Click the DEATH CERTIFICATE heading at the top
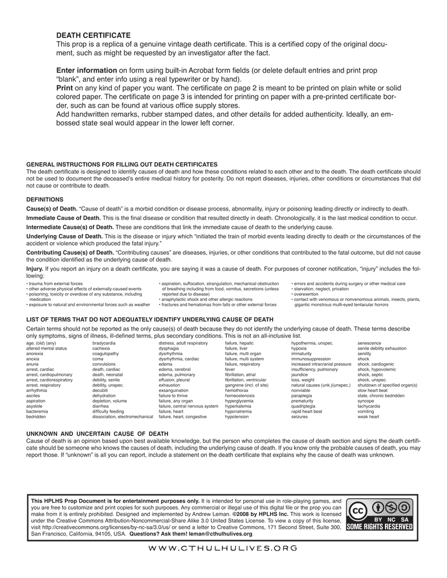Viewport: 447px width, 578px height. [94, 35]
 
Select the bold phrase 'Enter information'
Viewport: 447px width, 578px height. [87, 70]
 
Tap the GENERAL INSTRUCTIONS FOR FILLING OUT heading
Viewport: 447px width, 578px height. [122, 164]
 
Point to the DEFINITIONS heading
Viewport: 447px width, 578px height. [45, 199]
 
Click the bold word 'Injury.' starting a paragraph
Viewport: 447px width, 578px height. [35, 269]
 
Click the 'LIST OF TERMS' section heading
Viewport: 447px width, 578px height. [150, 319]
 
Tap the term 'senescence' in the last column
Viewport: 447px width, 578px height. [369, 343]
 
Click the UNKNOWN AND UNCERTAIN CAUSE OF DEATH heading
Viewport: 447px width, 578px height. [97, 433]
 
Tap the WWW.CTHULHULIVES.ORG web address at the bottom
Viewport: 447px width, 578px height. [222, 548]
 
